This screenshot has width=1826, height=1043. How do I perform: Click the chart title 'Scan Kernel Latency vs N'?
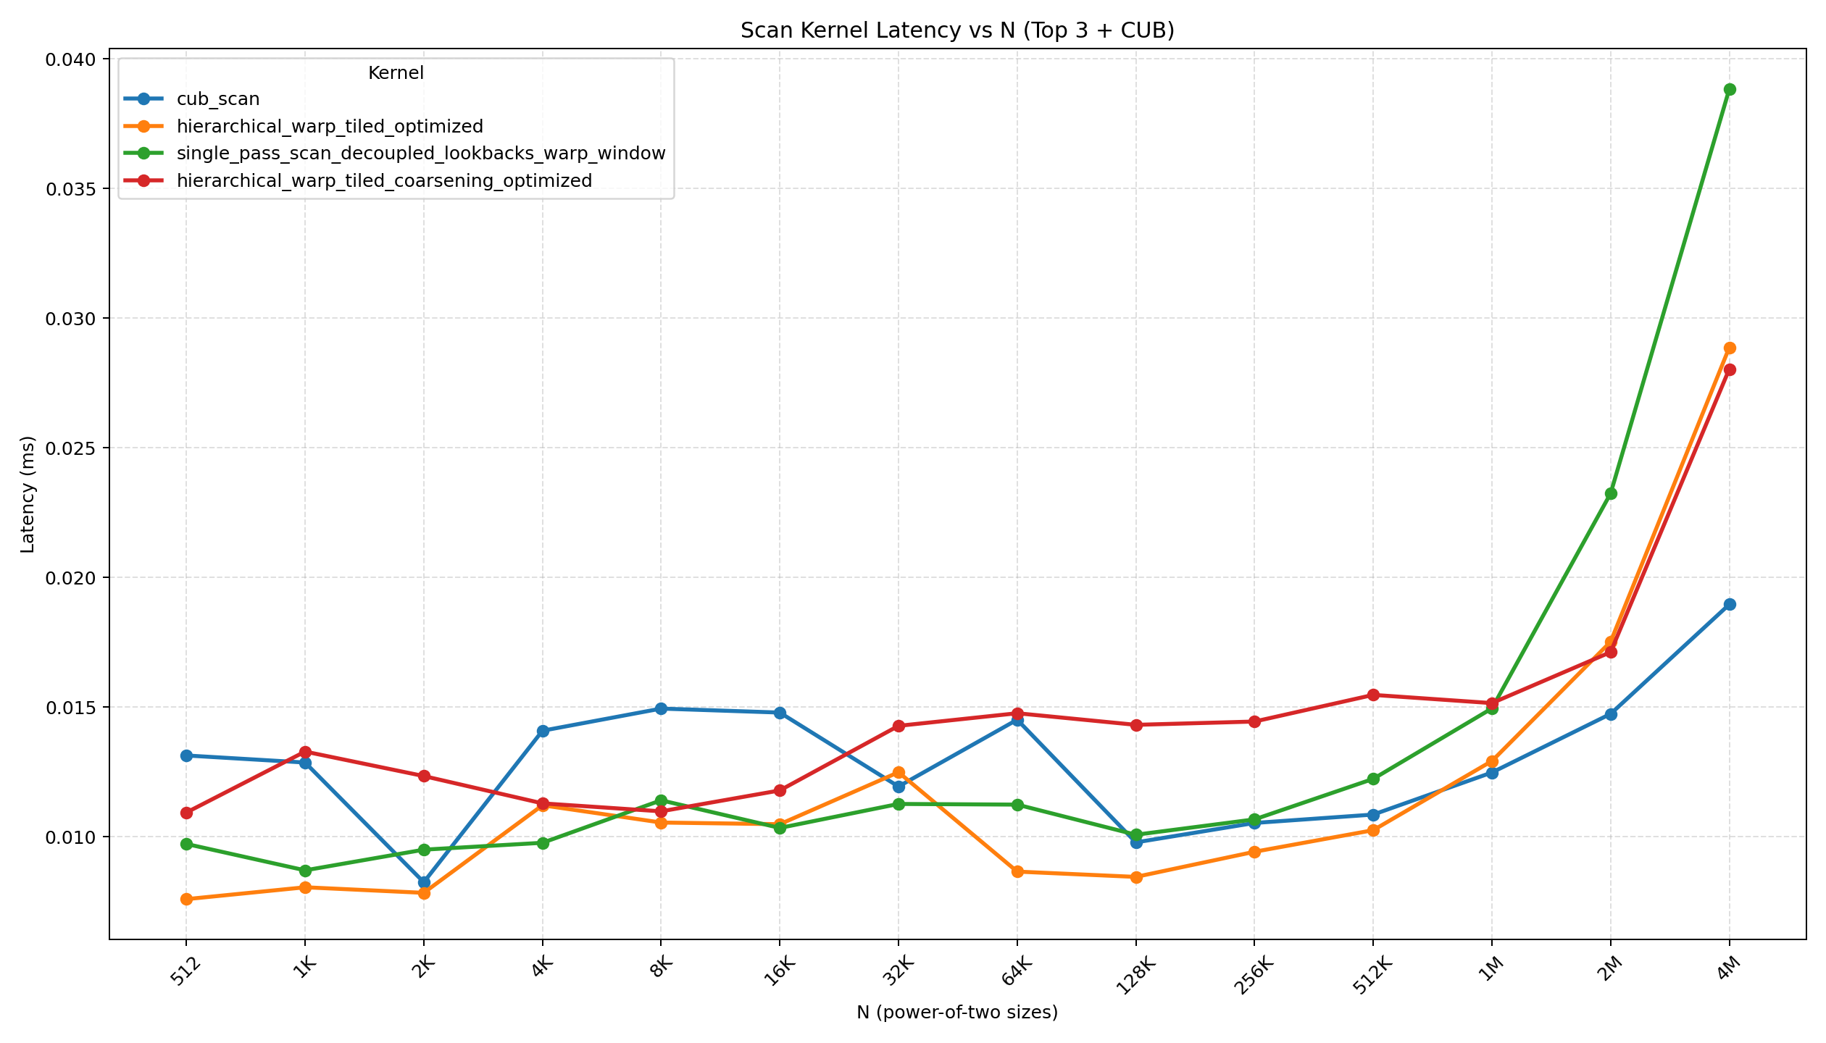pyautogui.click(x=956, y=30)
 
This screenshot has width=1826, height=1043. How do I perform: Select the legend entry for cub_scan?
pyautogui.click(x=217, y=99)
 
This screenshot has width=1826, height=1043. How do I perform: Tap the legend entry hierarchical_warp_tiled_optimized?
pyautogui.click(x=330, y=127)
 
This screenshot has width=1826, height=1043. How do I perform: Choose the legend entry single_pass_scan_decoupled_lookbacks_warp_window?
pyautogui.click(x=420, y=154)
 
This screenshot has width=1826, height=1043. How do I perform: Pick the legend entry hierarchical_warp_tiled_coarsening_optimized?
pyautogui.click(x=384, y=180)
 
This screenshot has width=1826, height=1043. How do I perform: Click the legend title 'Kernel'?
pyautogui.click(x=396, y=73)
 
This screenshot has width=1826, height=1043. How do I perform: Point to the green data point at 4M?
pyautogui.click(x=1730, y=90)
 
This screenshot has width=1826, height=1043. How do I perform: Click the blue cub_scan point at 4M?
pyautogui.click(x=1730, y=604)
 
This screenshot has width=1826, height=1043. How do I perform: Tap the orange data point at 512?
pyautogui.click(x=186, y=899)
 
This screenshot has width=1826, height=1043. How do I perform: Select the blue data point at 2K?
pyautogui.click(x=424, y=882)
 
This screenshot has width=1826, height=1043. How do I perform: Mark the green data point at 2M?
pyautogui.click(x=1611, y=494)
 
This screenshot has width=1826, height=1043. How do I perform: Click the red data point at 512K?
pyautogui.click(x=1373, y=695)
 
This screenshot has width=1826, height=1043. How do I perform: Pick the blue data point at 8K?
pyautogui.click(x=661, y=708)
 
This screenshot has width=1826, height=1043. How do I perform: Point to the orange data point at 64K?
pyautogui.click(x=1017, y=871)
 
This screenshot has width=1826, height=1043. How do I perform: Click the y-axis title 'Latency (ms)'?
pyautogui.click(x=28, y=494)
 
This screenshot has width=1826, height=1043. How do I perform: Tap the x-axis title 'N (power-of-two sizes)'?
pyautogui.click(x=956, y=1013)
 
